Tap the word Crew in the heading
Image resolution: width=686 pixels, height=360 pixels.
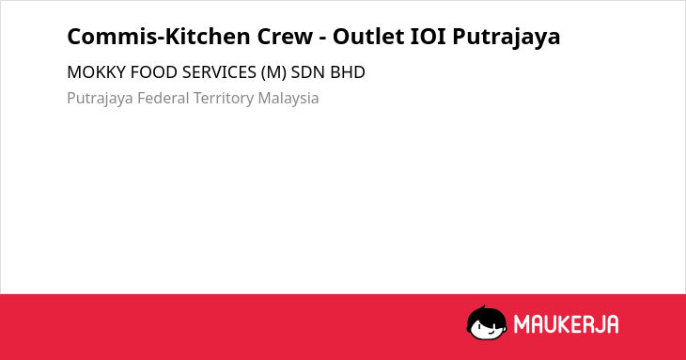coord(285,37)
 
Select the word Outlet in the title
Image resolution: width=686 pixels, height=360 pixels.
coord(368,37)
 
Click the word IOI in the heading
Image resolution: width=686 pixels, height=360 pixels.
coord(428,37)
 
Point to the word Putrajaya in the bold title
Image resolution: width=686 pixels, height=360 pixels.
coord(507,38)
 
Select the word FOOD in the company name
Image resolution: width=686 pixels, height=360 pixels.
coord(154,72)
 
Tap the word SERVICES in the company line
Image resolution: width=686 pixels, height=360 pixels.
coord(219,72)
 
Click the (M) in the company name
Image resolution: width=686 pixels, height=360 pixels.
coord(273,72)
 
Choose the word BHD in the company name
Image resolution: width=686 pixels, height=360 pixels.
coord(348,72)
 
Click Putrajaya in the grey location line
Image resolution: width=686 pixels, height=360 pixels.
coord(100,99)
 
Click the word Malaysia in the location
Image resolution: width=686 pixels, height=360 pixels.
coord(288,99)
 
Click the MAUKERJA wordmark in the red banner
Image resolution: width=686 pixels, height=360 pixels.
coord(566,324)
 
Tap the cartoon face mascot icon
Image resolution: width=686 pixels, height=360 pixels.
coord(487,322)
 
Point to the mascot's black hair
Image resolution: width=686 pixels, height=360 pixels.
coord(486,315)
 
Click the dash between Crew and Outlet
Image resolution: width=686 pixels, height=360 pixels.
coord(323,39)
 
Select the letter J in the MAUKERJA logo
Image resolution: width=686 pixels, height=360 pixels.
coord(596,324)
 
